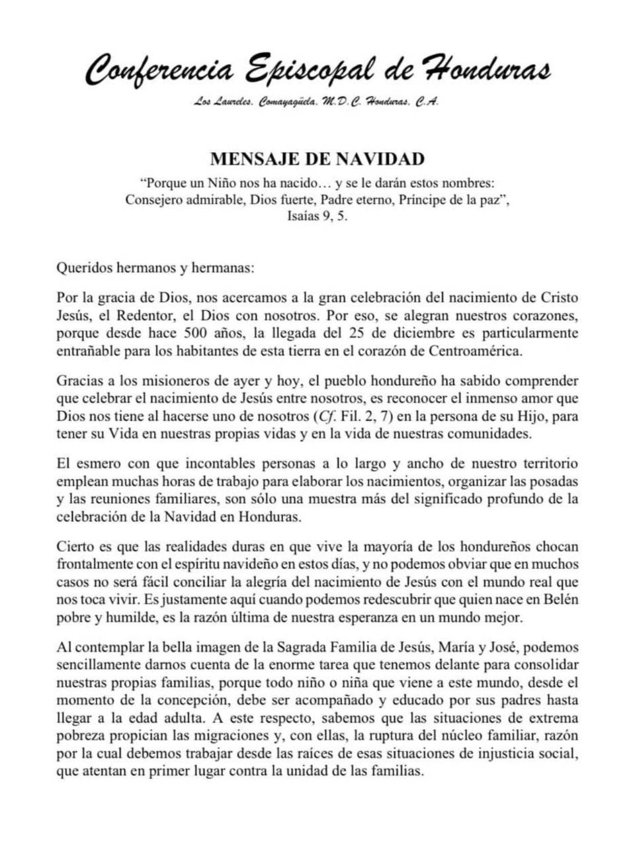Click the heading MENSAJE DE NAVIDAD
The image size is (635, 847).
pyautogui.click(x=317, y=159)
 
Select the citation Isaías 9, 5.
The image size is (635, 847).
pyautogui.click(x=317, y=216)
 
